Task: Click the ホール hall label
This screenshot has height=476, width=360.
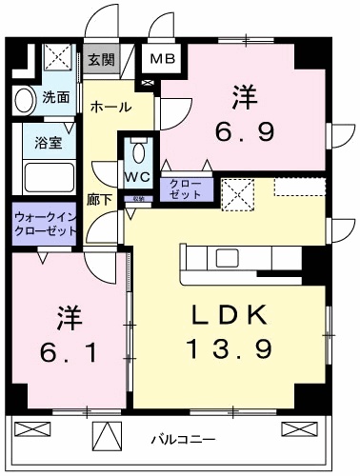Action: coord(111,108)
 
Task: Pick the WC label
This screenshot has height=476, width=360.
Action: coord(135,177)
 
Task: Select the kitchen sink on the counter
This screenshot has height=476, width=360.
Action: coord(229,258)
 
